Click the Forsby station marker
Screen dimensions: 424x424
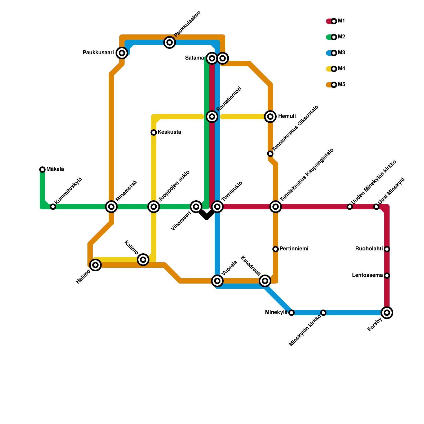coord(387,313)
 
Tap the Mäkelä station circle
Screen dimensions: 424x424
coord(42,169)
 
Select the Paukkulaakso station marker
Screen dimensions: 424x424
coord(170,42)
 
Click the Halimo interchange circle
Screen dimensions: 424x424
coord(95,265)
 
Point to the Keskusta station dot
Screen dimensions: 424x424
coord(154,132)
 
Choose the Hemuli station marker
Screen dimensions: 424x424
coord(270,116)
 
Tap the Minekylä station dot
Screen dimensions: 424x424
coord(291,313)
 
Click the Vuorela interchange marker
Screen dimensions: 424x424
coord(217,281)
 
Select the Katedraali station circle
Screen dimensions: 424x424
coord(265,281)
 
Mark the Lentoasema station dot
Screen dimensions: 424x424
coord(387,276)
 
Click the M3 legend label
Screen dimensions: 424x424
coord(342,53)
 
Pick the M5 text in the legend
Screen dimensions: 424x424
coord(342,85)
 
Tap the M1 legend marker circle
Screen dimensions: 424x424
coord(334,21)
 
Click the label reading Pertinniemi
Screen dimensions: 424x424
coord(294,249)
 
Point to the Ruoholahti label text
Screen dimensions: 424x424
coord(369,249)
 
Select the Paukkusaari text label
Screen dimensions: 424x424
coord(98,53)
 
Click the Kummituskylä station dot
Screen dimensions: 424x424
coord(53,207)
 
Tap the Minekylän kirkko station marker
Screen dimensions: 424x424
coord(323,313)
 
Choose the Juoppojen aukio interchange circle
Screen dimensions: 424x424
coord(154,206)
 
